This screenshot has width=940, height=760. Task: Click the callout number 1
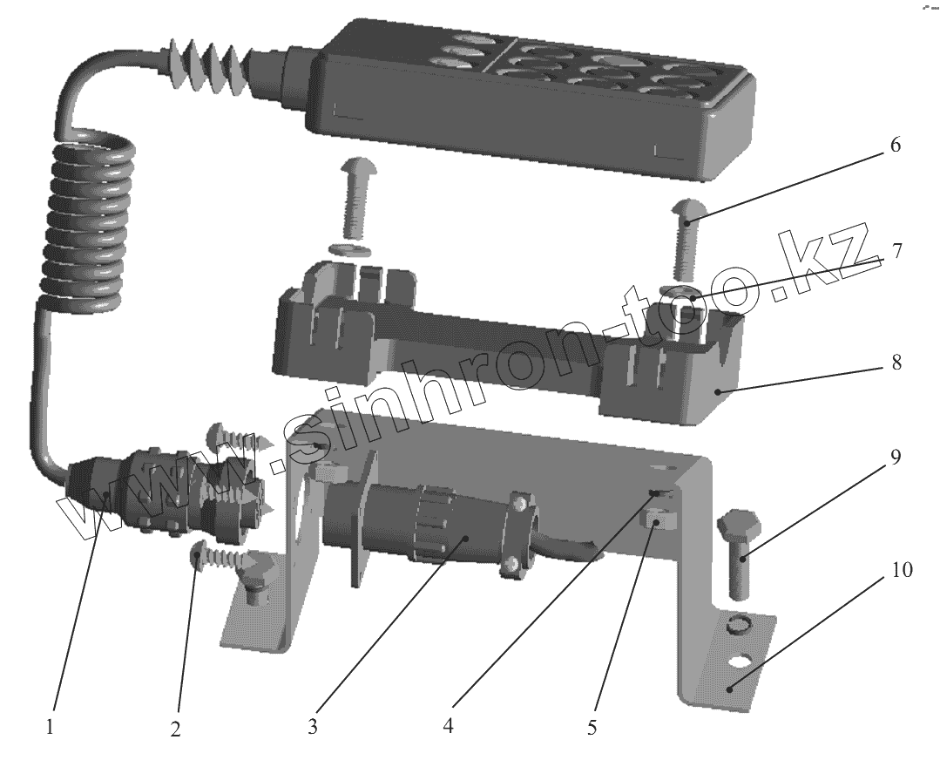point(51,727)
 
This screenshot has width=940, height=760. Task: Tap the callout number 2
point(175,729)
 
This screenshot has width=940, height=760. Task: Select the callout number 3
point(313,726)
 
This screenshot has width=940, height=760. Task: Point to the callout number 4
point(448,726)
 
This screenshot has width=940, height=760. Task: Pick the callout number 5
point(592,728)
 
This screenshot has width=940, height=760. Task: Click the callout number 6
point(895,145)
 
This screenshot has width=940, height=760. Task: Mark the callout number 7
point(896,251)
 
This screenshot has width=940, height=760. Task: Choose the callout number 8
point(896,363)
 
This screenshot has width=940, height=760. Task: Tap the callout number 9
point(895,457)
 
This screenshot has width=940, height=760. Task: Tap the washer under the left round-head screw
point(351,249)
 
